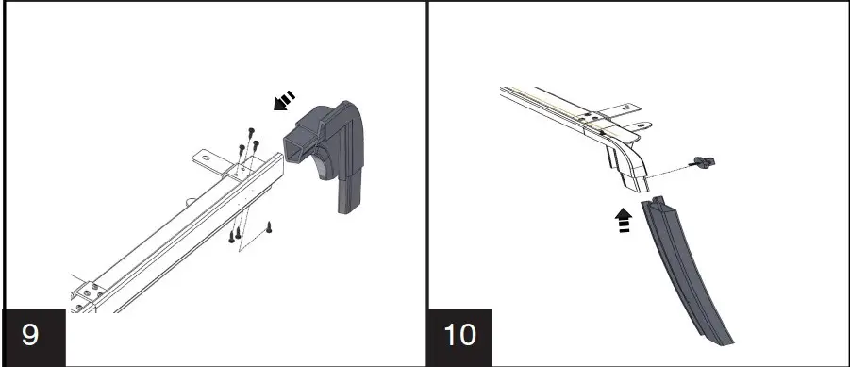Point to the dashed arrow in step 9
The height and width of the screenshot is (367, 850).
284,101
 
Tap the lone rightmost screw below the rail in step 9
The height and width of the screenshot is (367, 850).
269,226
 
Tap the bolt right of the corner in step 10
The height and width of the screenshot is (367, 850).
703,161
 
